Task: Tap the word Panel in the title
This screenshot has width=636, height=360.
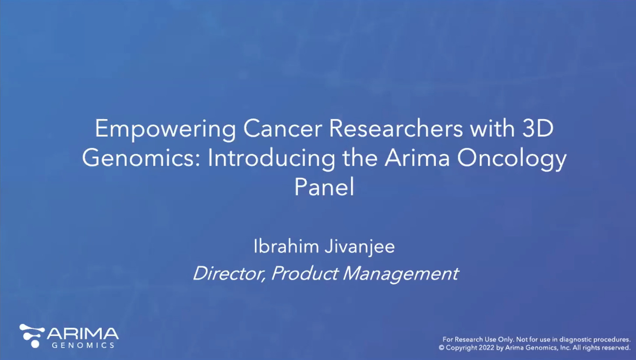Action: (324, 187)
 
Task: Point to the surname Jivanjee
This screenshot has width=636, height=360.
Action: (360, 247)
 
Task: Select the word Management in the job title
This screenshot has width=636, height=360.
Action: (400, 274)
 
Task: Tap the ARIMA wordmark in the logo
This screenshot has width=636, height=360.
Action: (83, 334)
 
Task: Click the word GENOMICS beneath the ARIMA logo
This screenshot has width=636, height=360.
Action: (83, 346)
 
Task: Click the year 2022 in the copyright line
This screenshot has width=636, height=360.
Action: (482, 348)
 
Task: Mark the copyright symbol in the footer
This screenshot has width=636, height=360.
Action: (442, 348)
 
